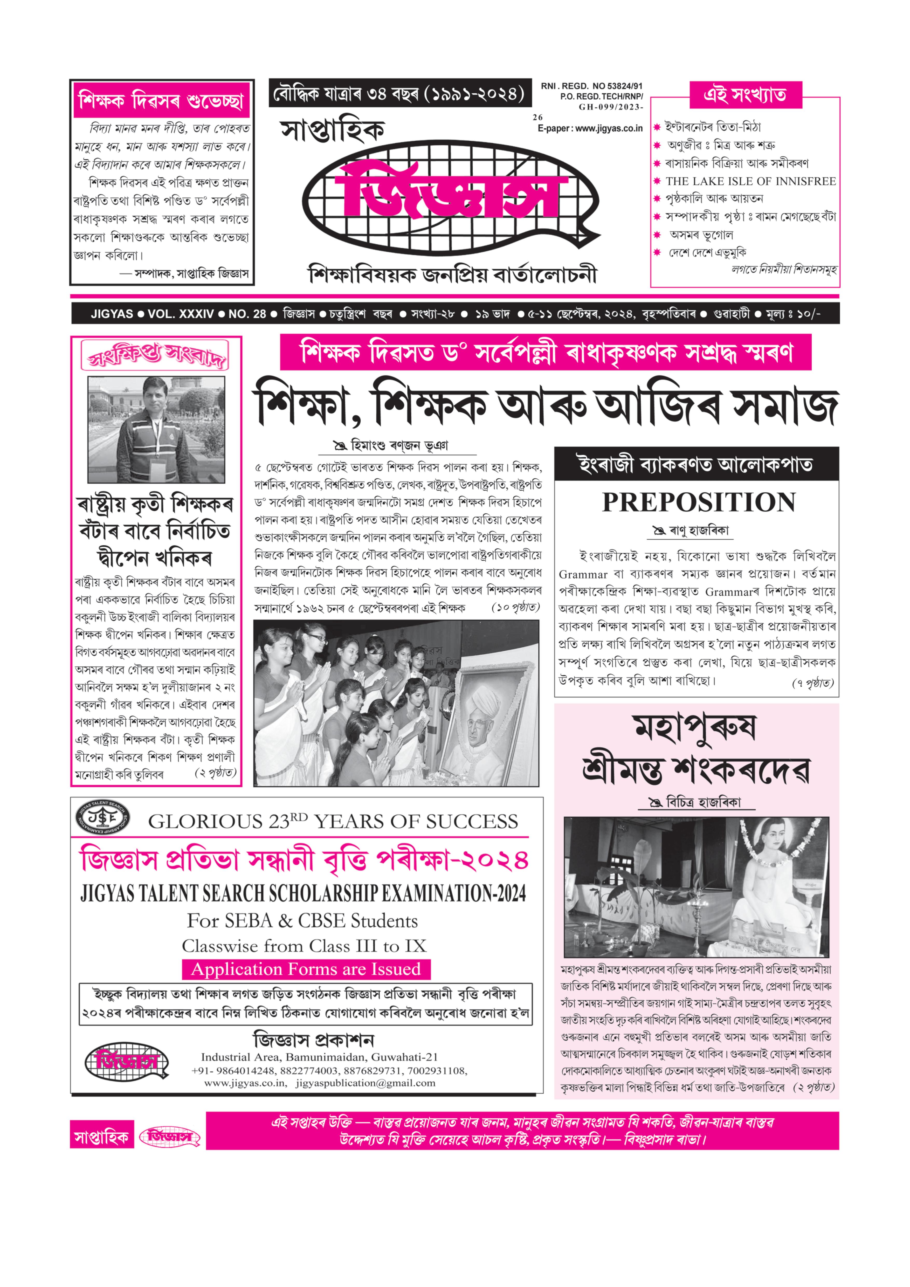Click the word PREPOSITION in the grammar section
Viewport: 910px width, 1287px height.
(699, 502)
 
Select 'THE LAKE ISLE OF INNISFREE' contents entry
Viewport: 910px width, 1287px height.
(750, 181)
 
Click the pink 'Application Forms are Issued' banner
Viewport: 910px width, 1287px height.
(306, 969)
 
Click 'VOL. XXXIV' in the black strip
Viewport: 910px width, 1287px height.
(181, 314)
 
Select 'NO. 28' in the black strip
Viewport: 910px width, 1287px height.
(247, 314)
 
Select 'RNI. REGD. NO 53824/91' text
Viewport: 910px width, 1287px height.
(591, 86)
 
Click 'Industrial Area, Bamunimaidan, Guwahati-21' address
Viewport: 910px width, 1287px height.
(319, 1057)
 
